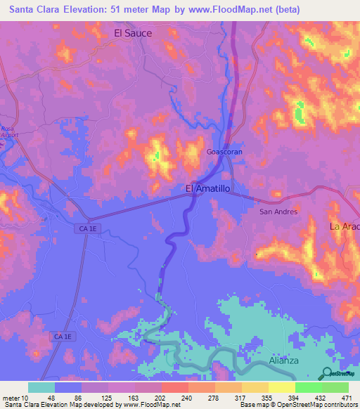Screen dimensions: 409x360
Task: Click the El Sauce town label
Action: point(133,33)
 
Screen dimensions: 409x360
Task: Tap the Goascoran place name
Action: point(224,152)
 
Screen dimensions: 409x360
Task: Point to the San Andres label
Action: point(279,212)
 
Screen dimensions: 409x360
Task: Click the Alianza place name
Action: point(284,361)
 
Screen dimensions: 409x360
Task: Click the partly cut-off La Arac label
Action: point(345,226)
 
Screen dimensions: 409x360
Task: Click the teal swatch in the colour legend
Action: point(41,387)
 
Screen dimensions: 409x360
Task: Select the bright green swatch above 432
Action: point(308,387)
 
